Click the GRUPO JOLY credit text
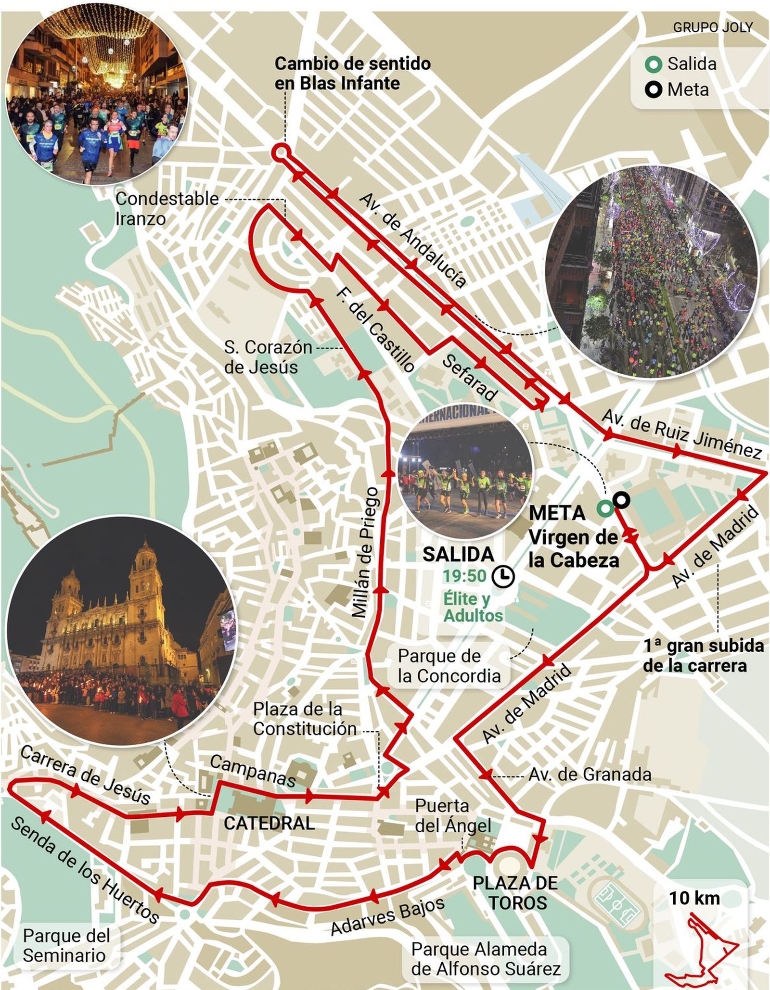pyautogui.click(x=712, y=28)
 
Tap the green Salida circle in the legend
pyautogui.click(x=654, y=64)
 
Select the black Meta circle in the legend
pyautogui.click(x=654, y=90)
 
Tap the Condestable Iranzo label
pyautogui.click(x=167, y=208)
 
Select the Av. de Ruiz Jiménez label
pyautogui.click(x=681, y=433)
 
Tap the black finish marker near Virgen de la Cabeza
pyautogui.click(x=621, y=500)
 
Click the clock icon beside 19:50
pyautogui.click(x=504, y=575)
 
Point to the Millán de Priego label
pyautogui.click(x=365, y=552)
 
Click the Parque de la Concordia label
pyautogui.click(x=449, y=666)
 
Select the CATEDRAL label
pyautogui.click(x=269, y=823)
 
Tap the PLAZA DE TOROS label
pyautogui.click(x=515, y=893)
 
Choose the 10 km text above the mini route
pyautogui.click(x=694, y=898)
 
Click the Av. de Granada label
pyautogui.click(x=590, y=774)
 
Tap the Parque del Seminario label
pyautogui.click(x=66, y=945)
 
